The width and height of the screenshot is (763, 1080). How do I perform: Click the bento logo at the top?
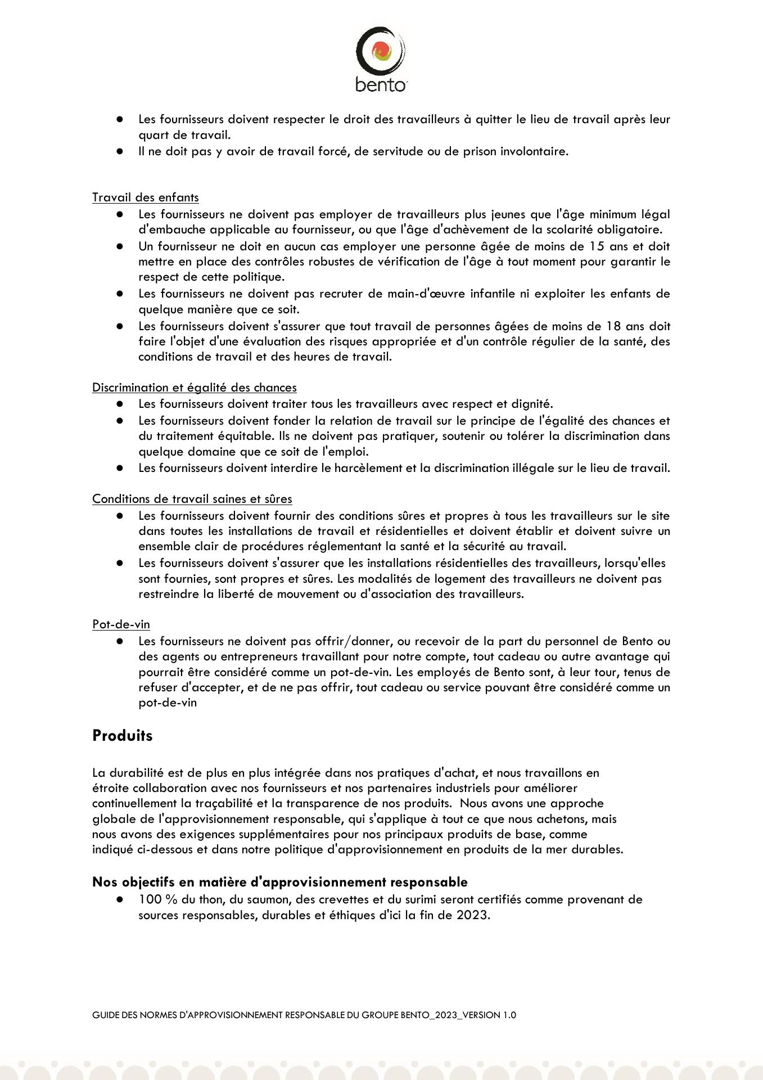tap(381, 59)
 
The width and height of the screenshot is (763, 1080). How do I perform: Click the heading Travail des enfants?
tap(145, 197)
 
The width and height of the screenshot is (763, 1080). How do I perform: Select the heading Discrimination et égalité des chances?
tap(194, 388)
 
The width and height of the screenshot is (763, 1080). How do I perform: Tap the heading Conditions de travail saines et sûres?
tap(192, 499)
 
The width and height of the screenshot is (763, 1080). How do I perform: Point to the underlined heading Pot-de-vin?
tap(121, 624)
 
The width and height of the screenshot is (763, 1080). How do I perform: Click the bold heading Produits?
tap(122, 736)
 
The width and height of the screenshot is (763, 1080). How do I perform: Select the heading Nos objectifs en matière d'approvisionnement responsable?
tap(279, 882)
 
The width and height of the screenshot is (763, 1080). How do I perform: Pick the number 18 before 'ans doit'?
tap(615, 326)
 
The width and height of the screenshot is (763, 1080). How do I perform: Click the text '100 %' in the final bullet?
tap(157, 899)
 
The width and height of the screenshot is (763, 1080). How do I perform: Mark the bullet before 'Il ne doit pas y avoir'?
tap(120, 151)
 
